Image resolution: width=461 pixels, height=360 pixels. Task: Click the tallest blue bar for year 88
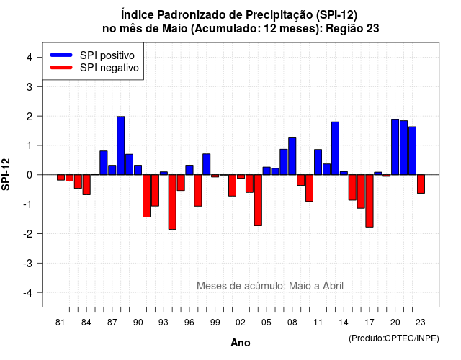pos(120,145)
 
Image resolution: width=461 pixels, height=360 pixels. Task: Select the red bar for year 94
pos(172,202)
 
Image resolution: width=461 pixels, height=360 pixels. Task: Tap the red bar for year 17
pos(370,201)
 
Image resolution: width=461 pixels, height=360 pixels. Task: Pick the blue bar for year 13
pos(335,148)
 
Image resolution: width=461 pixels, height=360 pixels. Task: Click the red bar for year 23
pos(421,184)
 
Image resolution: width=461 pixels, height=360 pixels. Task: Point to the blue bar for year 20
pos(395,147)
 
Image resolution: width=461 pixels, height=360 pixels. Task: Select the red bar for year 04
pos(258,200)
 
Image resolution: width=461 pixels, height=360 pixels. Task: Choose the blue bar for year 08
pos(292,156)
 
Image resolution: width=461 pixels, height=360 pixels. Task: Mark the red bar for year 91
pos(146,196)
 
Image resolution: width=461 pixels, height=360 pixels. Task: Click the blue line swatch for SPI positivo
pos(61,55)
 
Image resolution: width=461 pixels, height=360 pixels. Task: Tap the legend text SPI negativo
pos(109,68)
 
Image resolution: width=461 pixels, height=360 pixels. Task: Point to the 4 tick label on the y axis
pos(30,58)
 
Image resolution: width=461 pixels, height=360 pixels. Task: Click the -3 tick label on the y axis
pos(27,263)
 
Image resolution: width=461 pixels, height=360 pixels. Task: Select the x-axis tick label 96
pos(189,323)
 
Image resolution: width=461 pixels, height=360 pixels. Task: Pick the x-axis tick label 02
pos(241,323)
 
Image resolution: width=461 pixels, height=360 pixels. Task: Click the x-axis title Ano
pos(241,343)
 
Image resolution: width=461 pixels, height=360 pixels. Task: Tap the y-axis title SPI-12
pos(6,174)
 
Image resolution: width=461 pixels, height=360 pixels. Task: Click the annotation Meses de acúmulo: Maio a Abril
pos(270,286)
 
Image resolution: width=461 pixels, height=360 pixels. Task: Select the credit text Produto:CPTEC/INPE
pos(394,338)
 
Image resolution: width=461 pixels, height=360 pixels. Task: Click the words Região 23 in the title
pos(352,29)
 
